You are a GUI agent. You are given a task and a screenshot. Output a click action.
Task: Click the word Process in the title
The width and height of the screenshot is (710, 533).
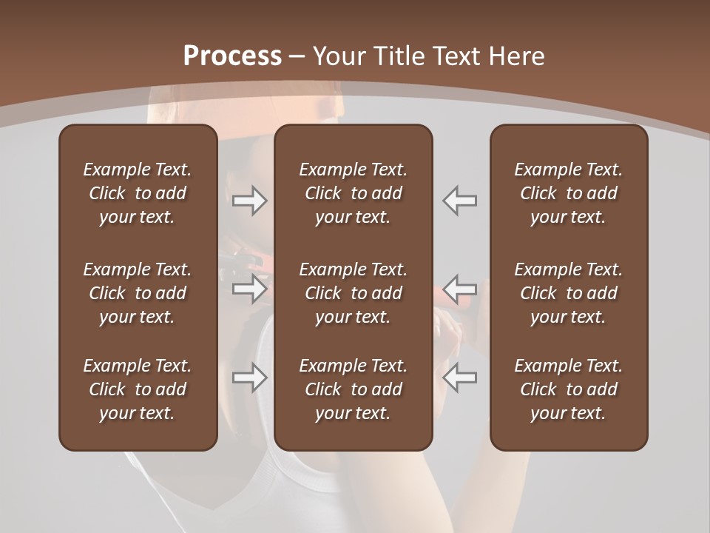[x=232, y=56]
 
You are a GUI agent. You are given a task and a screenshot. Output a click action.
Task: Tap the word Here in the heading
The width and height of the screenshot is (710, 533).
[x=515, y=56]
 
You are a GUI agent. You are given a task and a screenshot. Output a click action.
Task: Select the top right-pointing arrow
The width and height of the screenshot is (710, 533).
[x=250, y=201]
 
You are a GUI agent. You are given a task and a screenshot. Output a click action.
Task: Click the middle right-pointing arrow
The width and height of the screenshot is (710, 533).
[x=250, y=289]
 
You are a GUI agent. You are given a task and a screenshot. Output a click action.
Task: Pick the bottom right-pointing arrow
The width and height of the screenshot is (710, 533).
[x=250, y=378]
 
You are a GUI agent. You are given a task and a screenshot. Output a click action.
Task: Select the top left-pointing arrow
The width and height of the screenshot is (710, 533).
[x=460, y=201]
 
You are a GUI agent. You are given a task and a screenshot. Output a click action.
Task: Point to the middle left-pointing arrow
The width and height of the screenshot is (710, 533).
[x=460, y=289]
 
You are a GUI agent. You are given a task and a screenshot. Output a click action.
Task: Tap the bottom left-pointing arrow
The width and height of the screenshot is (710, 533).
[x=460, y=378]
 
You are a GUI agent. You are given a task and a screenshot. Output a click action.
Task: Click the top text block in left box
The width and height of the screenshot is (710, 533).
[x=138, y=193]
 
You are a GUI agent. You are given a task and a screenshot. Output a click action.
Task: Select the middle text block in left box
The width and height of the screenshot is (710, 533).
[x=138, y=293]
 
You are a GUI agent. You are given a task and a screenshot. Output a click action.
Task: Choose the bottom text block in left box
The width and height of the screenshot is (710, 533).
[x=138, y=389]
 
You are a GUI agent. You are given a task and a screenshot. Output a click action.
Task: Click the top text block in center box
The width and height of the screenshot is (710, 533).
[x=354, y=193]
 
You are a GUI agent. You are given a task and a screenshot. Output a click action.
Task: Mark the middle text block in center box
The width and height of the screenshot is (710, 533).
[x=354, y=293]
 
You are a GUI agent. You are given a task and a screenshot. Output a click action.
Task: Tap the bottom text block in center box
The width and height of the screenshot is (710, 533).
[x=354, y=389]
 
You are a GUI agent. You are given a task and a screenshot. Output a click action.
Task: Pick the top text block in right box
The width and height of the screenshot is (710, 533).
[x=569, y=193]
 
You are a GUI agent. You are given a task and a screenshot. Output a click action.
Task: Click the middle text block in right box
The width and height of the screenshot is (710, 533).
[x=569, y=293]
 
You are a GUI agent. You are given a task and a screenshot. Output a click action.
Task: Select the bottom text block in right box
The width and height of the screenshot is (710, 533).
[x=569, y=389]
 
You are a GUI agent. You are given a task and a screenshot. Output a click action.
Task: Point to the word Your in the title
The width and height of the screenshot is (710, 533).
[x=337, y=56]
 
